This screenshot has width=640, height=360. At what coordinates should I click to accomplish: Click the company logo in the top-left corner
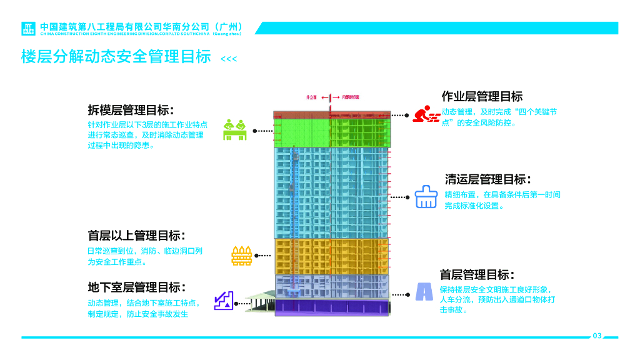(x=29, y=29)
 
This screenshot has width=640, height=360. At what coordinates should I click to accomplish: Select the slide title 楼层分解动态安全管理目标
(x=116, y=57)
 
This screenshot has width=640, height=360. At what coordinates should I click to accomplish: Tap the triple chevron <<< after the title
(x=229, y=59)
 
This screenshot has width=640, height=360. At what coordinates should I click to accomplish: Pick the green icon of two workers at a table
(x=235, y=129)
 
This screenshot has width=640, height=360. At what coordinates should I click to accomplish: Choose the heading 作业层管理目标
(x=482, y=96)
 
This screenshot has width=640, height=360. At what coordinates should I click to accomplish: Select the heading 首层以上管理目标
(x=136, y=236)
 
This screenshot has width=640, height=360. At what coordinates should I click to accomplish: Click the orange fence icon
(x=241, y=255)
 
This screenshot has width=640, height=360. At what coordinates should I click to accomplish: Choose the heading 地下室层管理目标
(x=136, y=287)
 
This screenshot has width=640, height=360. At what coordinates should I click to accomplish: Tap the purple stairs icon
(x=224, y=300)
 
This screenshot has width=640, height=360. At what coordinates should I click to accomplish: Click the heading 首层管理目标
(x=477, y=275)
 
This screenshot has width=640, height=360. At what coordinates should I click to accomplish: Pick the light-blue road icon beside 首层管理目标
(x=424, y=291)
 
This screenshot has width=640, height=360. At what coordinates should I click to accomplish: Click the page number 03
(x=597, y=336)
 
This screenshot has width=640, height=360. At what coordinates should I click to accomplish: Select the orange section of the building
(x=331, y=256)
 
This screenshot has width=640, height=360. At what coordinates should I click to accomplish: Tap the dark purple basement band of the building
(x=331, y=306)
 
